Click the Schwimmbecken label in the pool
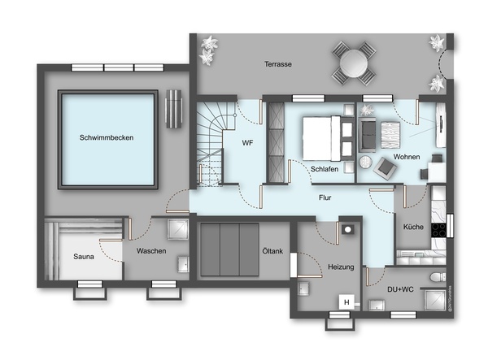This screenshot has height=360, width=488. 107,137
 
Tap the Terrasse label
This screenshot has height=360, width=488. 278,64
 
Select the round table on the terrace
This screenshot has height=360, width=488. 354,63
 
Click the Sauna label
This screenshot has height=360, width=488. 84,257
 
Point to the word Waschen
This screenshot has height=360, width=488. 151,251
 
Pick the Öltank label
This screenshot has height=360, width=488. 272,251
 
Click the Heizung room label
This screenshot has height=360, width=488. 341,267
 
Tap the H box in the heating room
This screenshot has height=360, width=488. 346,301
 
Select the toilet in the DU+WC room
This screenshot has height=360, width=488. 438,276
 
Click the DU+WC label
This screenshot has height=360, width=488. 400,289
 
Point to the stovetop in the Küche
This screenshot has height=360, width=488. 438,230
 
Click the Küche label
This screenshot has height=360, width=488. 413,227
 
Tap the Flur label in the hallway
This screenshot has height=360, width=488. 325,197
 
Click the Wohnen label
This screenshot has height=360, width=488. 407,157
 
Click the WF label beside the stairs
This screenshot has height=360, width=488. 247,143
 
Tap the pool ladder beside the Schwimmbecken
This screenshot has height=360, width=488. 173,109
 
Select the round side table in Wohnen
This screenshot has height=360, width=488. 365,162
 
